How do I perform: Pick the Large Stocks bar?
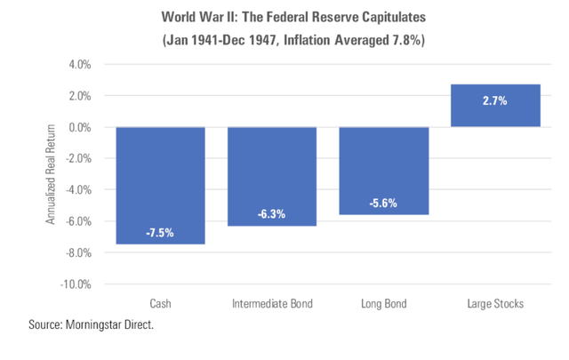tap(495, 106)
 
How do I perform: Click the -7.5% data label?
tap(161, 234)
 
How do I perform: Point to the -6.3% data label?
tap(272, 214)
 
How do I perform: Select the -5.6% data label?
tap(384, 204)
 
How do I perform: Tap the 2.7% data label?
tap(495, 101)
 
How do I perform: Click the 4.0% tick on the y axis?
tap(81, 65)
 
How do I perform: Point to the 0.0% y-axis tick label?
tap(81, 127)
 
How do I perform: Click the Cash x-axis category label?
tap(161, 304)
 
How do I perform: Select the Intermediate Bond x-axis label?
tap(272, 304)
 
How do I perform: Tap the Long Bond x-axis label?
tap(384, 304)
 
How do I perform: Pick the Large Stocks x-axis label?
tap(495, 304)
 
